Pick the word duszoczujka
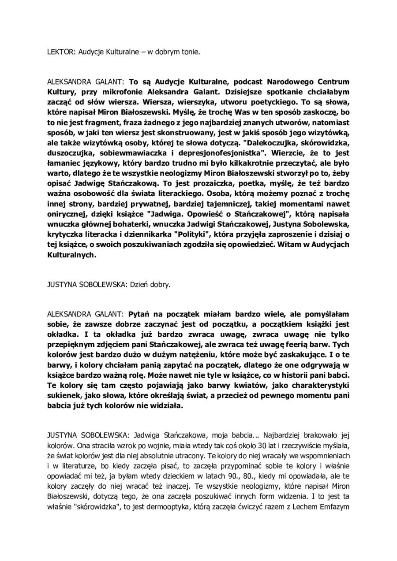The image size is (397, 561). [69, 153]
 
